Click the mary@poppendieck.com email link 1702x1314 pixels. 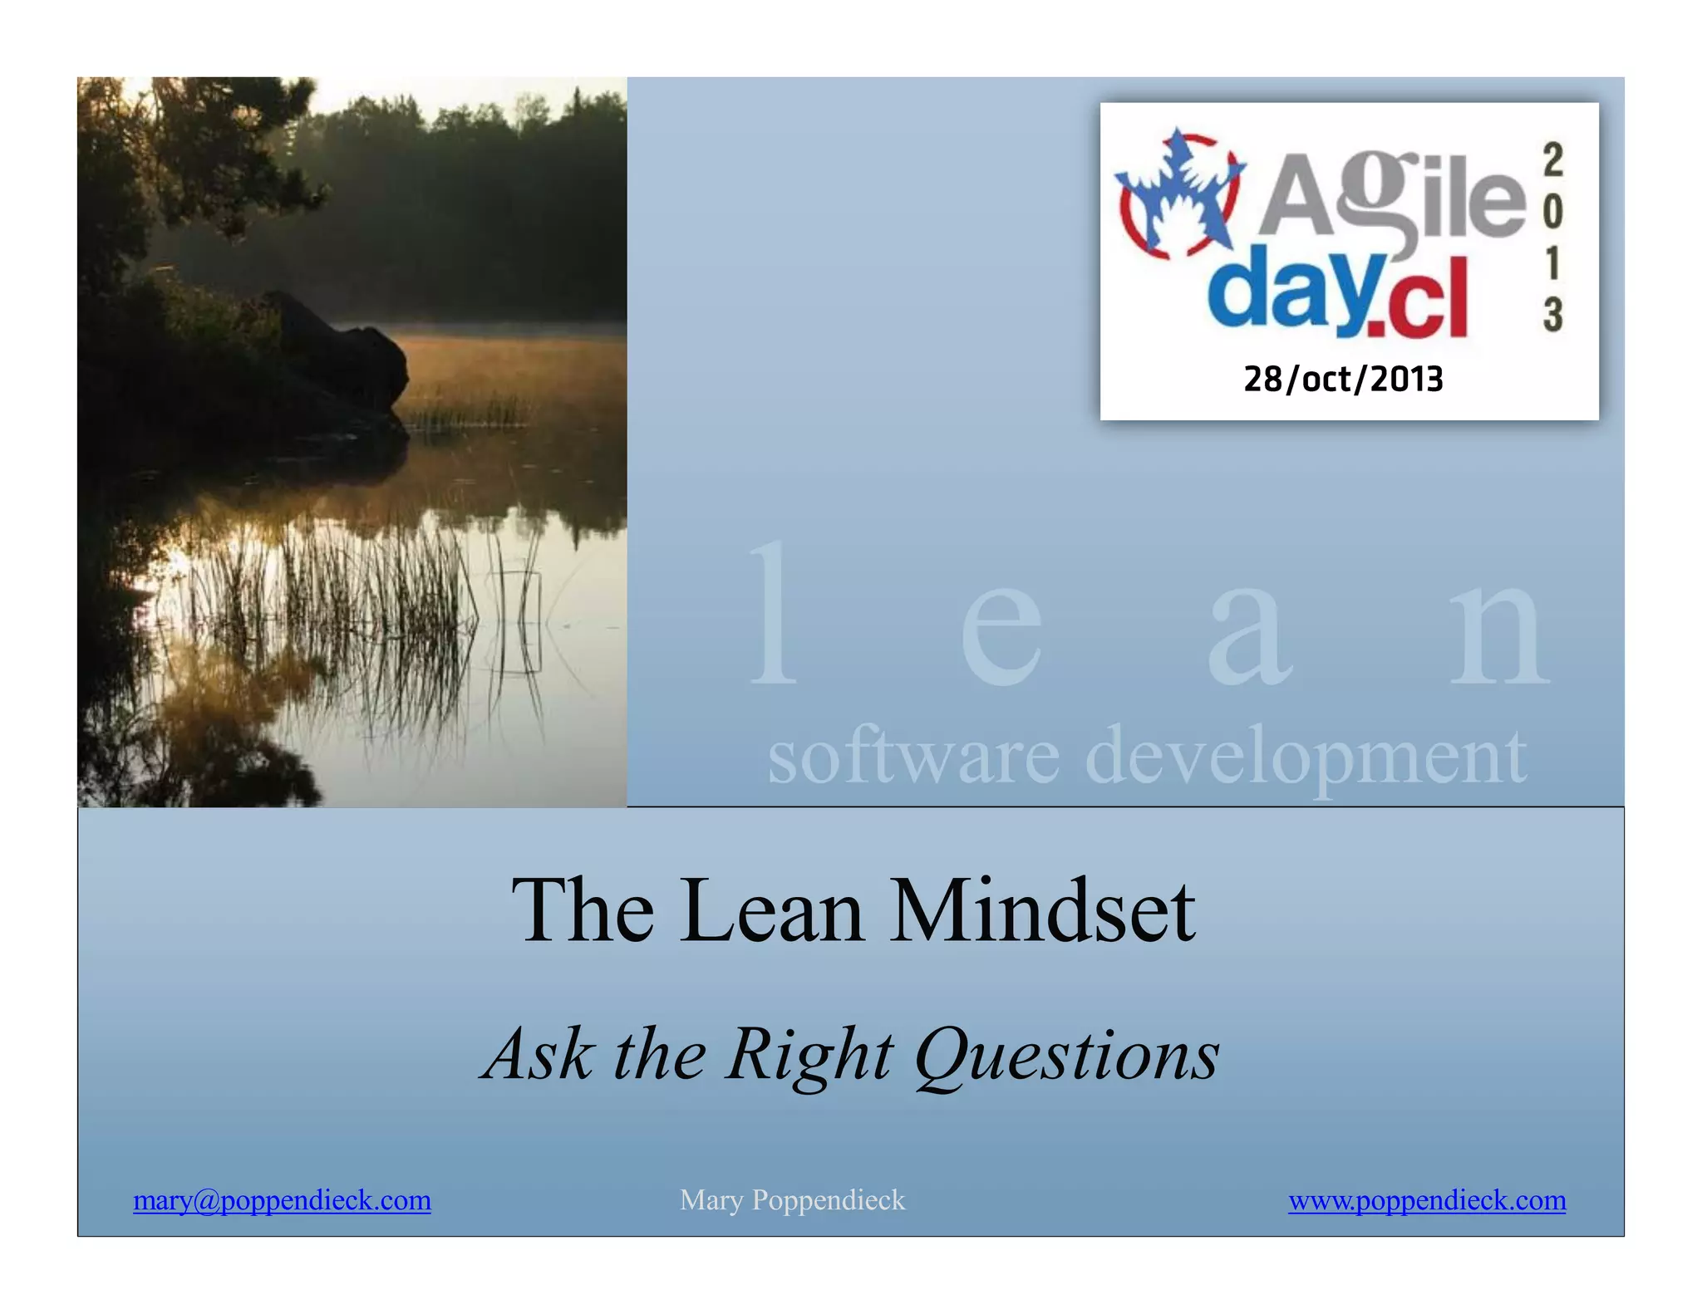tap(282, 1200)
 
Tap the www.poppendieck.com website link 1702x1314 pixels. tap(1427, 1200)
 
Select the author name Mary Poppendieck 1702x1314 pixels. tap(792, 1200)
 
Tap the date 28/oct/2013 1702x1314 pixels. tap(1343, 380)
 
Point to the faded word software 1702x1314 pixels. tap(912, 756)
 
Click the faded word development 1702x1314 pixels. tap(1306, 756)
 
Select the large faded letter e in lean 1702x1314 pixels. tap(1001, 635)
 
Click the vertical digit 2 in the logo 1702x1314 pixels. tap(1552, 159)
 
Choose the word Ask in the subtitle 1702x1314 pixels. tap(540, 1055)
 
